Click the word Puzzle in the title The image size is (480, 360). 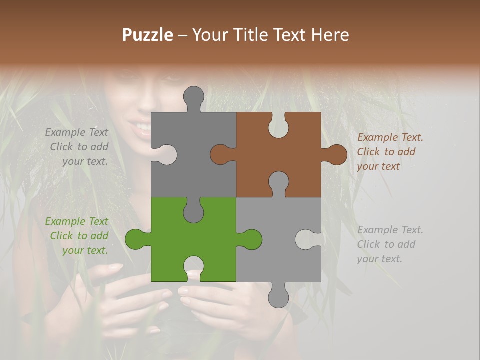pyautogui.click(x=148, y=35)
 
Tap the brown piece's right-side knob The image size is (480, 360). pyautogui.click(x=336, y=154)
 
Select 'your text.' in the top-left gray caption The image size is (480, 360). pyautogui.click(x=85, y=161)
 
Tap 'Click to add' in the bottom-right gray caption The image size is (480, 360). pyautogui.click(x=386, y=244)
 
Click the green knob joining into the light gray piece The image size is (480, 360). pyautogui.click(x=251, y=239)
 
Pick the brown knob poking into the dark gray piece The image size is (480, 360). pyautogui.click(x=220, y=154)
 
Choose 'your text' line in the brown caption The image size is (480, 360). pyautogui.click(x=378, y=166)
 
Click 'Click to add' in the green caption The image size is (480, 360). pyautogui.click(x=79, y=236)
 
